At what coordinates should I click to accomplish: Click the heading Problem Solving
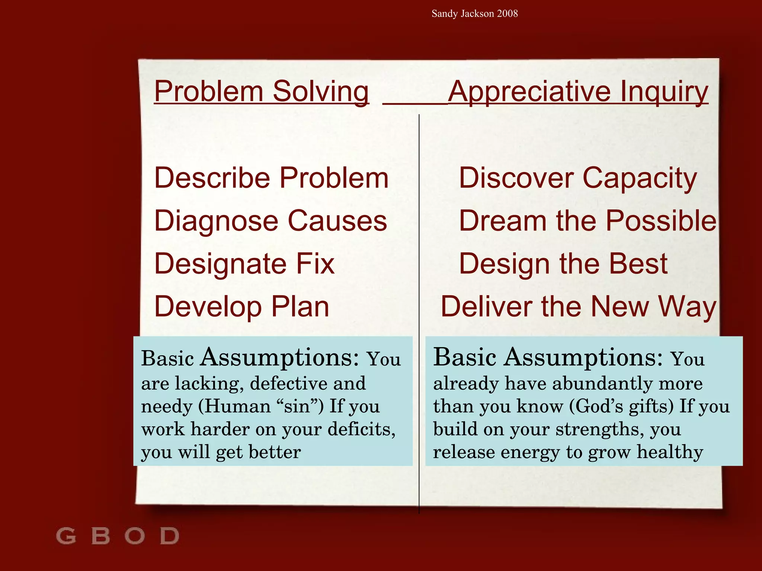[x=261, y=91]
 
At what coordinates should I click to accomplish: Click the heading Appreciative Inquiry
[x=578, y=91]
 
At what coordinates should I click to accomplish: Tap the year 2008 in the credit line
[x=507, y=14]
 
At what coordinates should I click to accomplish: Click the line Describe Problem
[x=271, y=178]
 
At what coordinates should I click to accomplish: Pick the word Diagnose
[x=216, y=221]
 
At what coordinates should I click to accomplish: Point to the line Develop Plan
[x=241, y=307]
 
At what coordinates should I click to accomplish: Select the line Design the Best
[x=563, y=264]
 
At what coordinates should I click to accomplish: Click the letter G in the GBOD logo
[x=66, y=536]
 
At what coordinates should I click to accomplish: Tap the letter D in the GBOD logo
[x=170, y=536]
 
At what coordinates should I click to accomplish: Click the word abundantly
[x=602, y=383]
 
